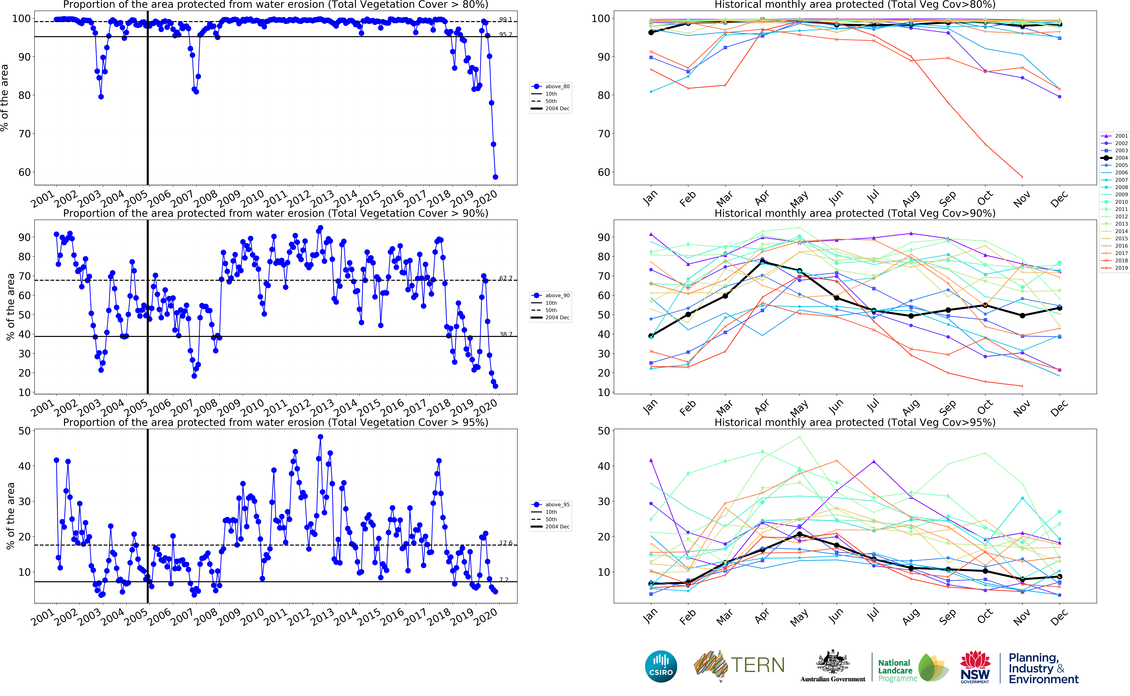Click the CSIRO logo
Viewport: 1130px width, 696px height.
[x=661, y=666]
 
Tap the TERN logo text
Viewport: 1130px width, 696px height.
[x=758, y=665]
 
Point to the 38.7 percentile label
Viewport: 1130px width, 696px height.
[x=505, y=334]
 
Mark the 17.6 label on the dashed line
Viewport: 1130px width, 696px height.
[x=505, y=543]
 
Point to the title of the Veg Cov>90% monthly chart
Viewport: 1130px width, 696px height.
[x=855, y=213]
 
